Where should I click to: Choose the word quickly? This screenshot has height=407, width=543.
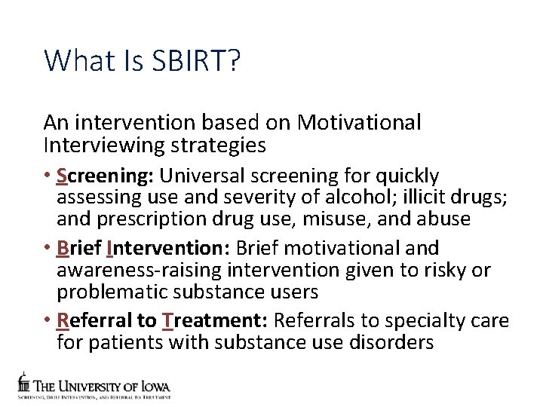click(404, 176)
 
